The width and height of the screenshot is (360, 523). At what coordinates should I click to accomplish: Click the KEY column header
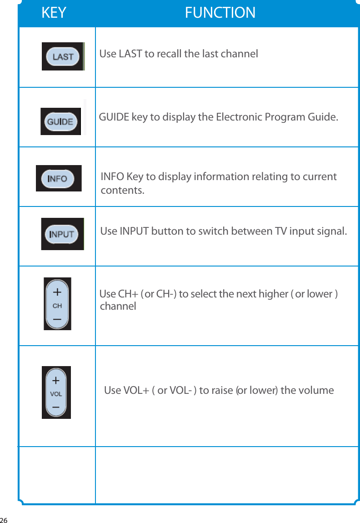point(54,13)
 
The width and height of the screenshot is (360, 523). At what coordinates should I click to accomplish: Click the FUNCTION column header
point(220,13)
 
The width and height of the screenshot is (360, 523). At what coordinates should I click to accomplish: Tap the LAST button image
point(63,56)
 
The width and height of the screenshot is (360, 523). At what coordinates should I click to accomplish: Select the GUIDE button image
point(60,121)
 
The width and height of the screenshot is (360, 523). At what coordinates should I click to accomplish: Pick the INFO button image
point(58,178)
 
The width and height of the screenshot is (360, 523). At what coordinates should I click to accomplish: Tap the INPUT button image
point(62,234)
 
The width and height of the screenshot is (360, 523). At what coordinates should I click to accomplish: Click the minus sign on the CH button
point(57,320)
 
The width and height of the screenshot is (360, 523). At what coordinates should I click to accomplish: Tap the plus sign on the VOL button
point(56,379)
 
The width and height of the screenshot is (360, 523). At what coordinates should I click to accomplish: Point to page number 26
point(5,519)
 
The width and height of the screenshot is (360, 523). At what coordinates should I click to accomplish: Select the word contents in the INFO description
point(122,190)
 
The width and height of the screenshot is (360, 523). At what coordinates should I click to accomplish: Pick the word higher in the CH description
point(272,294)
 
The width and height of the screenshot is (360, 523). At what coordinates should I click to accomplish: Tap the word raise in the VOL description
point(222,391)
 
